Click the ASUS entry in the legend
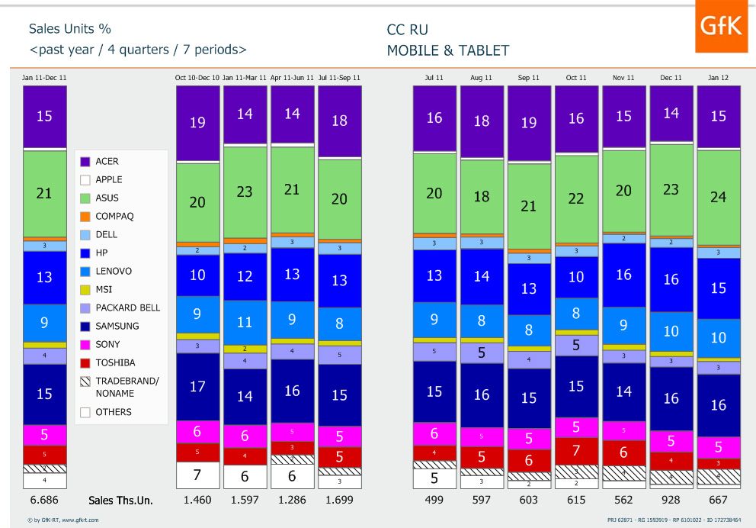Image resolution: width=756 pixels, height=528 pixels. coord(107,198)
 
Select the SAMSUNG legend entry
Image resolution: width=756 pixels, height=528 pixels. coord(117,327)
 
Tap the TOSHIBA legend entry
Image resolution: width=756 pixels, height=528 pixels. coord(114,363)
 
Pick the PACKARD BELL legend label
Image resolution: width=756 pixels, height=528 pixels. coord(127,308)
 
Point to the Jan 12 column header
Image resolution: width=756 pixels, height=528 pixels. coord(718,78)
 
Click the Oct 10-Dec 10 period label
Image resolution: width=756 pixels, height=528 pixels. coord(197,78)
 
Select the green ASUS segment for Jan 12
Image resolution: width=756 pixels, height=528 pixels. coord(719,197)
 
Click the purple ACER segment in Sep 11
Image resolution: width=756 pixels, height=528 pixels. coord(528,123)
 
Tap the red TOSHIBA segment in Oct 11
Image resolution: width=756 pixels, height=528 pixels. coord(576,450)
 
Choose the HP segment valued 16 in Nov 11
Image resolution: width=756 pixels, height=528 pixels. coord(623,275)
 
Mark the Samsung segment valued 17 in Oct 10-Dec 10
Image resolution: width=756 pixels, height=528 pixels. coord(197,386)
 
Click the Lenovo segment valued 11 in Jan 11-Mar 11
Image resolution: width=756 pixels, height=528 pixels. coord(245,322)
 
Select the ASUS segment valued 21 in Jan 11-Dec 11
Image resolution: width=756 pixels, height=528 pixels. coord(44,194)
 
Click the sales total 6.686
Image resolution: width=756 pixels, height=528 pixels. coord(44,501)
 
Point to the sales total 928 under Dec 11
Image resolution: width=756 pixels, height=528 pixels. coord(671,501)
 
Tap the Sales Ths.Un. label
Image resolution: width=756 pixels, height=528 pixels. coord(120,501)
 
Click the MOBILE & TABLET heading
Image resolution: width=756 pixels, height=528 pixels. coord(448,51)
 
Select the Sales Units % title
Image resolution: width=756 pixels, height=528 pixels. coord(70,29)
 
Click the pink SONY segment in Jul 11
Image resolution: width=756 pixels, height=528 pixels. coord(434,433)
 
